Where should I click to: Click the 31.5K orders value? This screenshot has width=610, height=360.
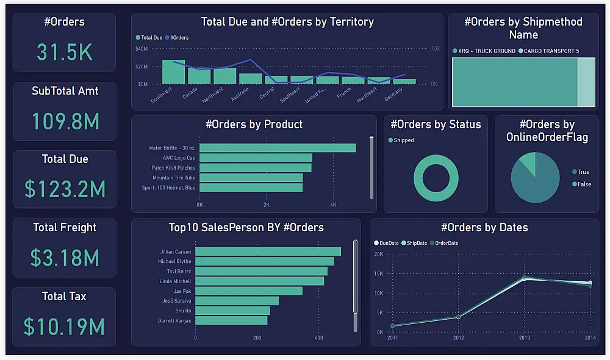(x=65, y=52)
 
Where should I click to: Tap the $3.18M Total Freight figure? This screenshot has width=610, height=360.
(x=65, y=257)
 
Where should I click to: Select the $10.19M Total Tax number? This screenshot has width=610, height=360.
(x=64, y=326)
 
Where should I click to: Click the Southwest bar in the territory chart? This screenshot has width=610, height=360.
(x=173, y=72)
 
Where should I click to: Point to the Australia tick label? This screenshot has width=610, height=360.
(x=240, y=94)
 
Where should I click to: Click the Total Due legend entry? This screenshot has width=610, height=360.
(x=149, y=38)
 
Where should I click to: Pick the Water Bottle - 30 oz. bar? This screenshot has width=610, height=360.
(x=278, y=148)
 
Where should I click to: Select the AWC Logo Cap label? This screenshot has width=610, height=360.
(x=179, y=157)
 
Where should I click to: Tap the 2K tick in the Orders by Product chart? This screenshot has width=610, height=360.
(x=267, y=205)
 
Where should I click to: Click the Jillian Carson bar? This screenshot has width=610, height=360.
(x=268, y=251)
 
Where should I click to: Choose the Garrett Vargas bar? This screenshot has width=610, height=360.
(x=231, y=320)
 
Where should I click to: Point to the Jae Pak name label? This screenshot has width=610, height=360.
(x=182, y=291)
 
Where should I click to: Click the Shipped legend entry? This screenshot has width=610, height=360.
(x=401, y=140)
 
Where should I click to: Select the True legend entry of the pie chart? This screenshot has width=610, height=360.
(x=581, y=171)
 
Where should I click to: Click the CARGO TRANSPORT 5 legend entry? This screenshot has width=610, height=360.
(x=548, y=51)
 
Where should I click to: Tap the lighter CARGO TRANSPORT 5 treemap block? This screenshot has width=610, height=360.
(x=586, y=82)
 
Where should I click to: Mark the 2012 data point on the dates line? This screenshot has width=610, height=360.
(x=458, y=317)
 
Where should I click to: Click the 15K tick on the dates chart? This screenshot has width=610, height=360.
(x=379, y=273)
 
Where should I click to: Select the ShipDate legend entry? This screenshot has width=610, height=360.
(x=414, y=243)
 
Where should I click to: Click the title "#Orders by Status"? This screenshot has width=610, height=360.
(x=436, y=124)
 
